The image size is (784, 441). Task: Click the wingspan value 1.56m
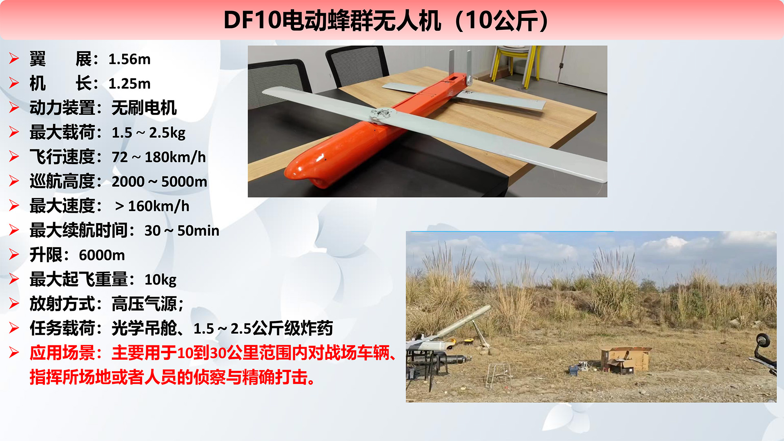[x=129, y=60]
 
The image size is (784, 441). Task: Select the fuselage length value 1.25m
[x=129, y=84]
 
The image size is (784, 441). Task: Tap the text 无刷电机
[x=144, y=108]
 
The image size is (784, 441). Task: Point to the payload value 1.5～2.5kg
[x=149, y=133]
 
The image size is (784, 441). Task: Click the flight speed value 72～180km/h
[x=159, y=157]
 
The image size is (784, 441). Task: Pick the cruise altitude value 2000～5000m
[x=160, y=182]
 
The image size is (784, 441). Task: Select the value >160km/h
[x=152, y=206]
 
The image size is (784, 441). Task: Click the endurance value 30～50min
[x=182, y=231]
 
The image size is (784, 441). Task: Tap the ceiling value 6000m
[x=102, y=256]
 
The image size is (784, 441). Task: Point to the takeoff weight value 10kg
[x=160, y=280]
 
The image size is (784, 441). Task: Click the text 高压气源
[x=144, y=304]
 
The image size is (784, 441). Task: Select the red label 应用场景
[x=62, y=353]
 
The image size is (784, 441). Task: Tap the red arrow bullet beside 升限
[x=14, y=255]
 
